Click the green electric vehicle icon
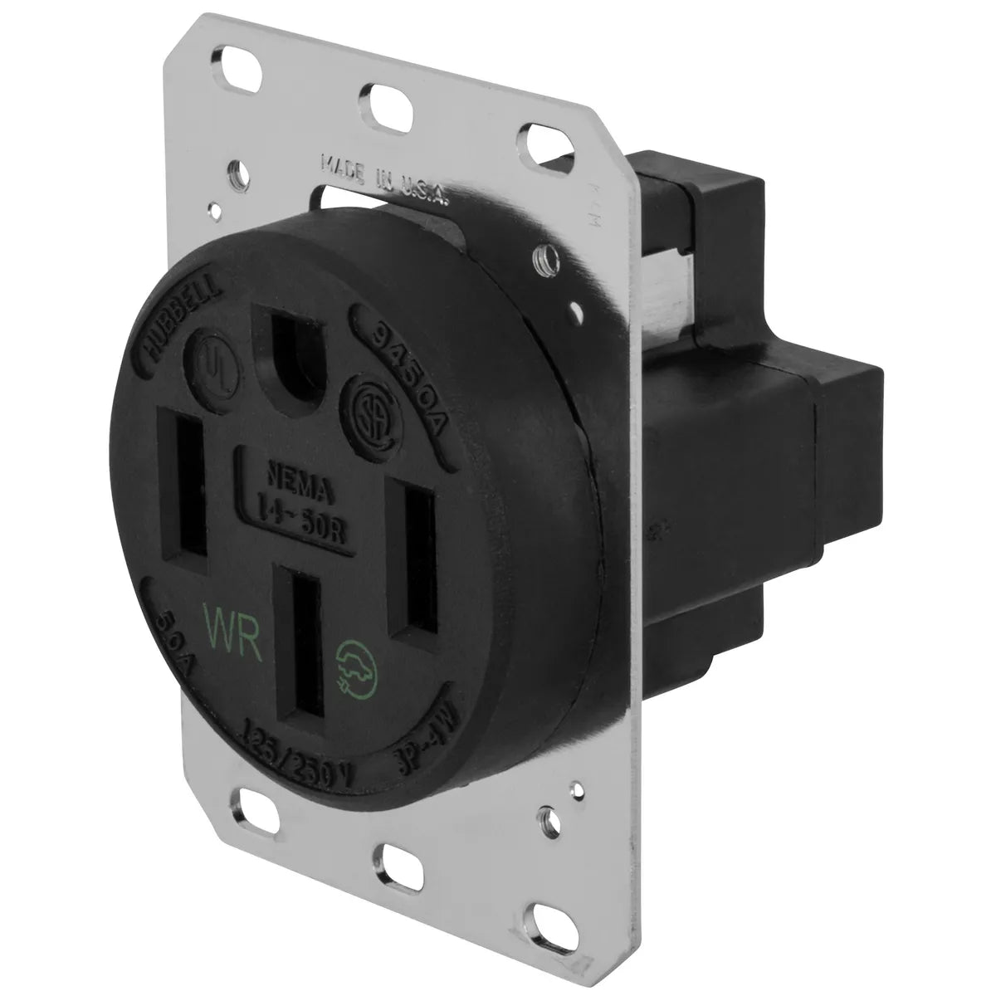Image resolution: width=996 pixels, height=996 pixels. (351, 665)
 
